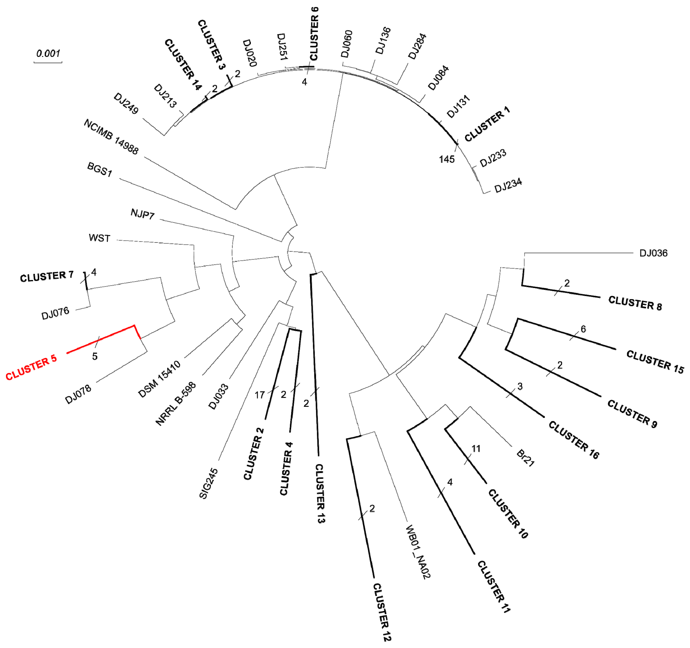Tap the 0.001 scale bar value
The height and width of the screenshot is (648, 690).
pyautogui.click(x=48, y=54)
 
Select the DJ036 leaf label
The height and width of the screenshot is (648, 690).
pyautogui.click(x=653, y=253)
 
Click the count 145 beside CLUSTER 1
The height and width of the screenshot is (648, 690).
pyautogui.click(x=447, y=159)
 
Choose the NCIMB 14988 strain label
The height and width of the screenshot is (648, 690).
pyautogui.click(x=111, y=137)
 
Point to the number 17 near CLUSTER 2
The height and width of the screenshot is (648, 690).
pyautogui.click(x=260, y=395)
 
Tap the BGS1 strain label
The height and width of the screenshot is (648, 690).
pyautogui.click(x=100, y=170)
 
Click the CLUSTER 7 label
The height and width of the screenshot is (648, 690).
pyautogui.click(x=47, y=277)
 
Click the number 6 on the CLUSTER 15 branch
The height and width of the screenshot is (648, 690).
pyautogui.click(x=583, y=329)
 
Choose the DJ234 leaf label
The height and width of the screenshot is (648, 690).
pyautogui.click(x=508, y=185)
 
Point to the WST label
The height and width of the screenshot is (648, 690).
pyautogui.click(x=100, y=238)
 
